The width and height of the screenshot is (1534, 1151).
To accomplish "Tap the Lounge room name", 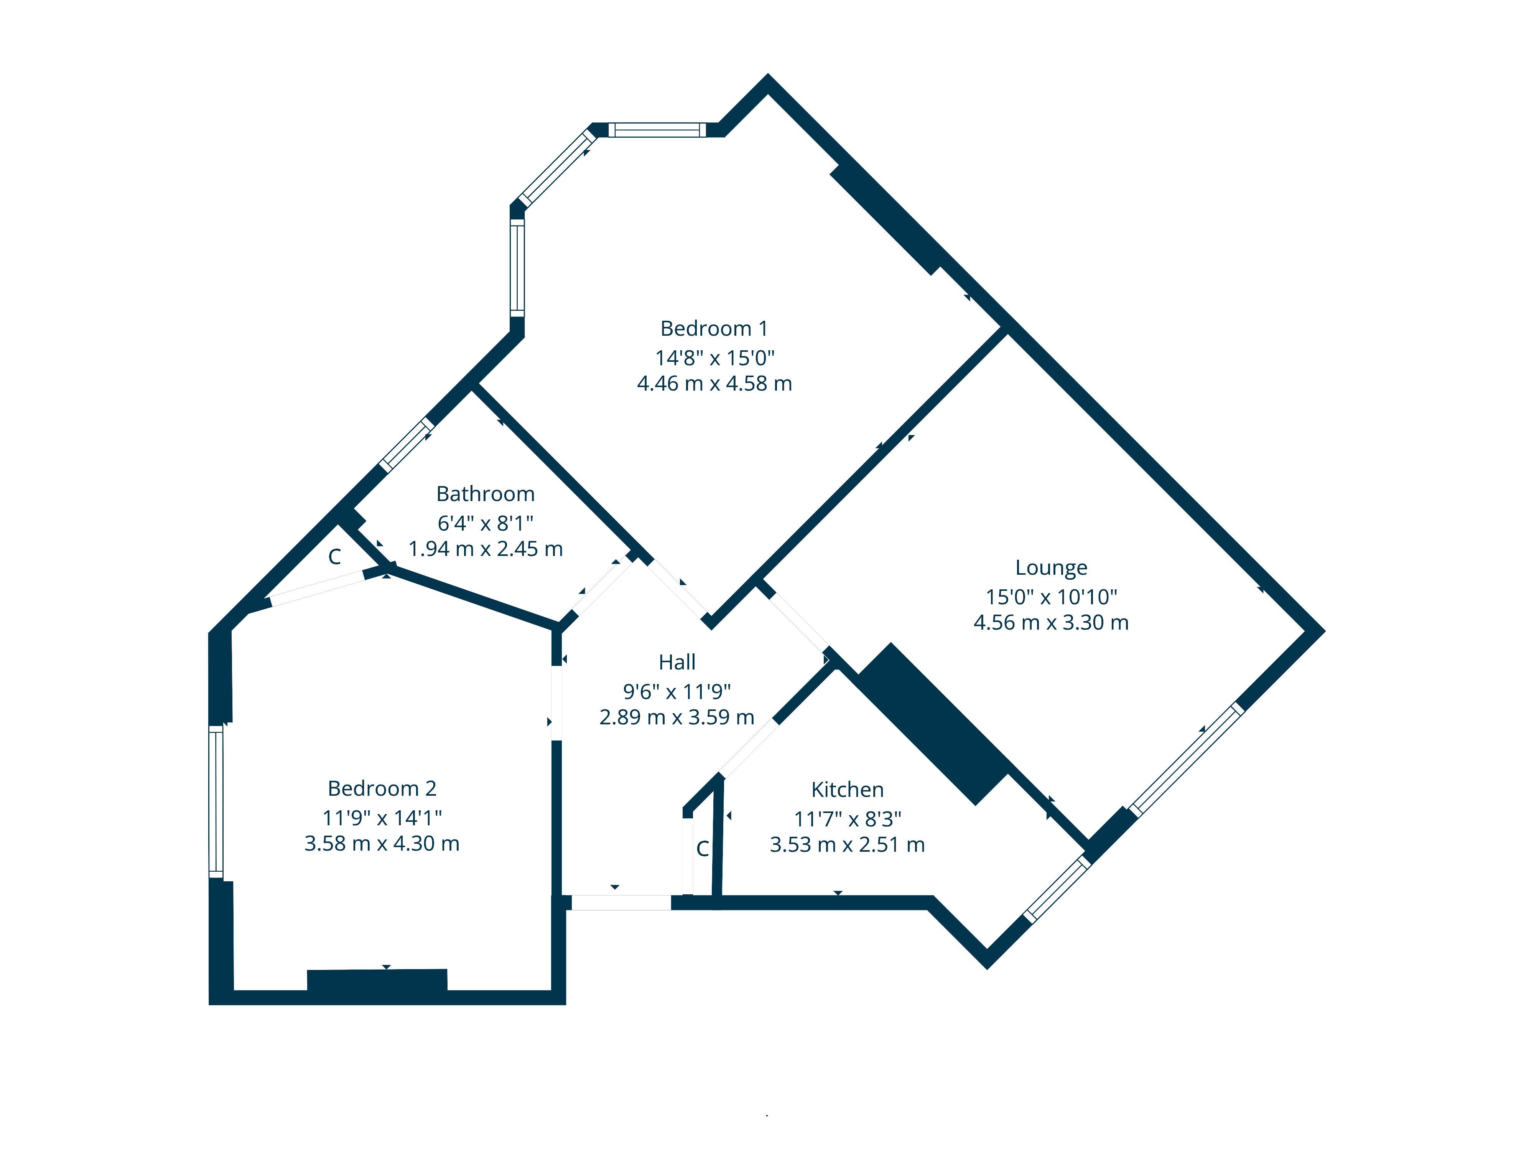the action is tap(1051, 567).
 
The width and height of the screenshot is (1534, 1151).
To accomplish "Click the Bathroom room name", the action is tap(486, 494).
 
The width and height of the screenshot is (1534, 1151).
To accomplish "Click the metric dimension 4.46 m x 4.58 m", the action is tap(714, 384).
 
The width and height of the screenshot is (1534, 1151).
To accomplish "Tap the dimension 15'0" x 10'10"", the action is tap(1051, 597).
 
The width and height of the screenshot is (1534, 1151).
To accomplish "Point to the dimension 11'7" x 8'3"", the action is tap(848, 820).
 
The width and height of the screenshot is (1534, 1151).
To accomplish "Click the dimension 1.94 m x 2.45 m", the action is tap(486, 549).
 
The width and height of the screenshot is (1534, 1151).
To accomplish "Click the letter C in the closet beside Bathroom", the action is tap(335, 556).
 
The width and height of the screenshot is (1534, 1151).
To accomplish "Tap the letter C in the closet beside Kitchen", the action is tap(703, 848).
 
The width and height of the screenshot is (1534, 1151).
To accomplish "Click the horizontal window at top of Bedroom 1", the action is tap(657, 130).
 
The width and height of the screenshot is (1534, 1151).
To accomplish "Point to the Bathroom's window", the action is tap(407, 445).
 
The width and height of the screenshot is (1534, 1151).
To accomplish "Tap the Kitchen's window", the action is tap(1058, 889).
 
